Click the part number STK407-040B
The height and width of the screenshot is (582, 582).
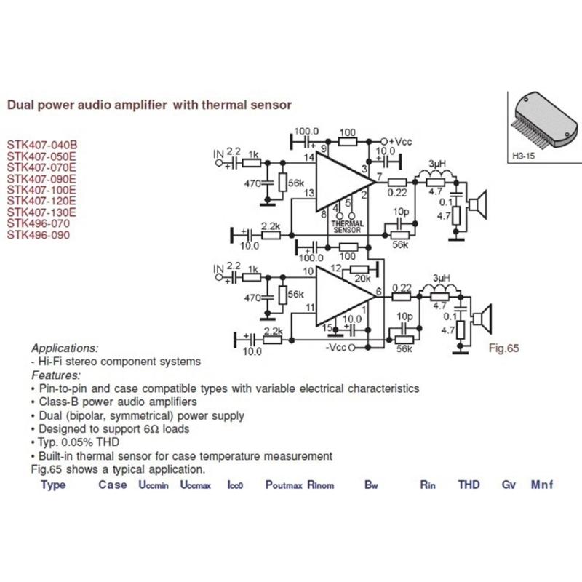pyautogui.click(x=41, y=144)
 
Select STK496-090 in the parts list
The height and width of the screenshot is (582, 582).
pyautogui.click(x=39, y=235)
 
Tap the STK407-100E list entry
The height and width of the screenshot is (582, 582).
pyautogui.click(x=41, y=189)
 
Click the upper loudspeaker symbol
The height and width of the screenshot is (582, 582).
pyautogui.click(x=478, y=206)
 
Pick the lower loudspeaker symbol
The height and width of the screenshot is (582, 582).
pyautogui.click(x=482, y=319)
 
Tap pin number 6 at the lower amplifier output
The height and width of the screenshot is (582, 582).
pyautogui.click(x=378, y=293)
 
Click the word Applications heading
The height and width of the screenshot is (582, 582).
pyautogui.click(x=65, y=348)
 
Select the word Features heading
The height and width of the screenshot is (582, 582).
pyautogui.click(x=56, y=375)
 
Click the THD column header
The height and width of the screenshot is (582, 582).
pyautogui.click(x=469, y=485)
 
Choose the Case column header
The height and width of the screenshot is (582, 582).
pyautogui.click(x=113, y=485)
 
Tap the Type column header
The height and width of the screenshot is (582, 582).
pyautogui.click(x=53, y=485)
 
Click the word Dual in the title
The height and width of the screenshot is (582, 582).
pyautogui.click(x=21, y=105)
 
